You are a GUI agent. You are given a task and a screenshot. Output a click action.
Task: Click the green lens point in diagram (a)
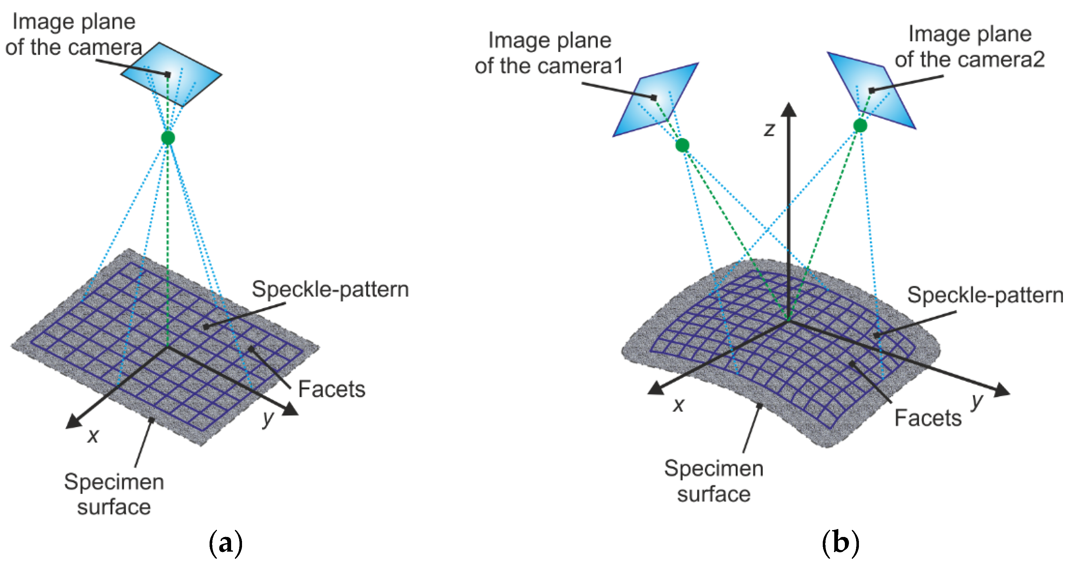click(168, 137)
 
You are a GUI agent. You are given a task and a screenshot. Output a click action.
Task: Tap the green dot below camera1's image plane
click(682, 145)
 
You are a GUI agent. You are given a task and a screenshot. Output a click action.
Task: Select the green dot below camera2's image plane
click(860, 125)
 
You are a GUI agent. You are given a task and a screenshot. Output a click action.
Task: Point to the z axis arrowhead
click(788, 109)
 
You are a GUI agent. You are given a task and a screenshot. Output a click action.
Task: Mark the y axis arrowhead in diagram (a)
click(291, 410)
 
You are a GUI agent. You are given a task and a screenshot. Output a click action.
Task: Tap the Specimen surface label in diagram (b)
click(714, 481)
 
